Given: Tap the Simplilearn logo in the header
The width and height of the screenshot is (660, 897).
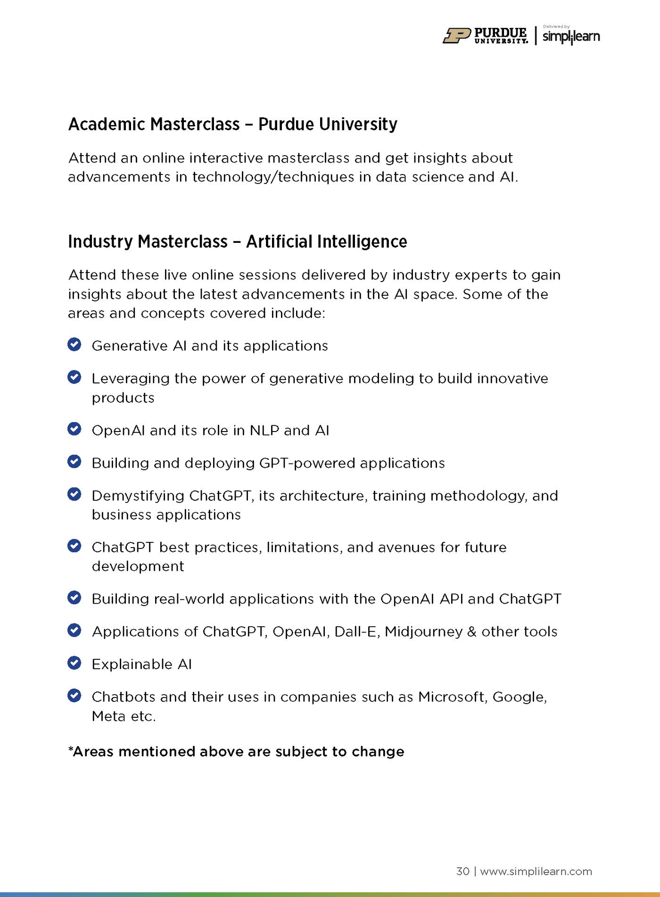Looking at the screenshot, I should click(x=571, y=37).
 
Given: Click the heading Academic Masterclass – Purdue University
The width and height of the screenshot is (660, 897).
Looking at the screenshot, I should click(x=233, y=124).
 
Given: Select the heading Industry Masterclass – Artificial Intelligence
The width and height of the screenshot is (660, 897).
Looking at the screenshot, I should click(x=238, y=241).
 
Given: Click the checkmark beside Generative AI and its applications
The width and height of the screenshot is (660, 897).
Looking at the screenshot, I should click(x=74, y=345).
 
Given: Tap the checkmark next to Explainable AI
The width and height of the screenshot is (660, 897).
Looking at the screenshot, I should click(x=74, y=663).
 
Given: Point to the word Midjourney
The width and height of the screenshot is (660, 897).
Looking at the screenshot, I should click(x=423, y=631).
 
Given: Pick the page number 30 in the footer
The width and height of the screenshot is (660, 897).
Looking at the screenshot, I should click(x=462, y=871).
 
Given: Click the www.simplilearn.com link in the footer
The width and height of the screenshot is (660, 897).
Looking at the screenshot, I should click(x=536, y=871).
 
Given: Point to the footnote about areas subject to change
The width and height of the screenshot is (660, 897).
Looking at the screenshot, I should click(x=236, y=751).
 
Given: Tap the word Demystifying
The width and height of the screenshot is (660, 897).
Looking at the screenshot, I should click(x=138, y=496).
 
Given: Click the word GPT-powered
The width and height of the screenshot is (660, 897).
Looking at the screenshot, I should click(x=307, y=463).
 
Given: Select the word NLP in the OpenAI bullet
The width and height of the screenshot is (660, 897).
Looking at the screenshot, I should click(x=264, y=431).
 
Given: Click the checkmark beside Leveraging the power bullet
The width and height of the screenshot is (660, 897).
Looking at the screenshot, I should click(x=74, y=377).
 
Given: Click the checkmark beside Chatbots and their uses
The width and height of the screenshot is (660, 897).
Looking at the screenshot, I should click(x=74, y=696).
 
